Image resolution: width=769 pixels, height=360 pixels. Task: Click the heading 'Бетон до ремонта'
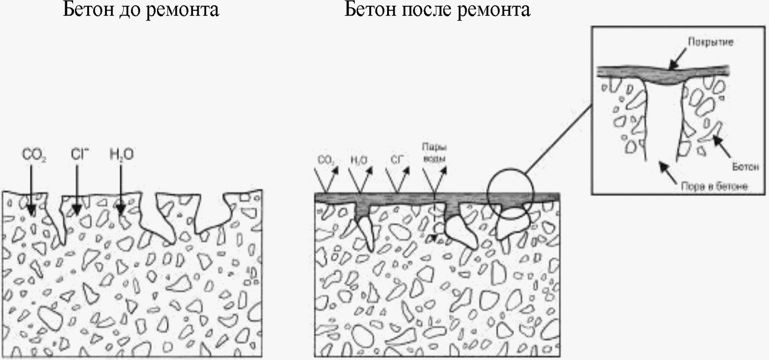tap(141, 9)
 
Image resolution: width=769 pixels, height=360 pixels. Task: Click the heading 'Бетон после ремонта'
tap(437, 9)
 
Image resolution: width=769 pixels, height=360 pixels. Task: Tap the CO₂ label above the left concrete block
tap(33, 155)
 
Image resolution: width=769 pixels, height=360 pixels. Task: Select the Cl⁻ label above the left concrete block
tap(80, 154)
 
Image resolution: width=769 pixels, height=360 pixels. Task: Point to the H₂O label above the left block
tap(121, 154)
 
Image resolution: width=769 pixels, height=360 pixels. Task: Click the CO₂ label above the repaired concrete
tap(326, 161)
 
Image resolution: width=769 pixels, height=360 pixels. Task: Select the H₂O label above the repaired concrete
tap(359, 160)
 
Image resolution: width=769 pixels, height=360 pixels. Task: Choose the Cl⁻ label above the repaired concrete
tap(396, 160)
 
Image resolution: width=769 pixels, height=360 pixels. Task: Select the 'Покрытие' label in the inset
tap(710, 42)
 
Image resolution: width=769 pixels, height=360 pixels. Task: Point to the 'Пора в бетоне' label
tap(714, 187)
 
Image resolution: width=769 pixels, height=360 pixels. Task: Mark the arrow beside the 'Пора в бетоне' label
tap(667, 172)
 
